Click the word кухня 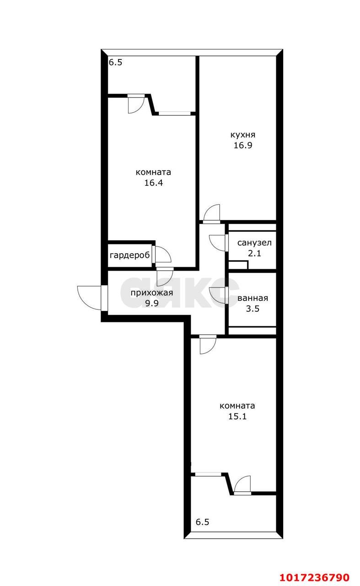pos(242,135)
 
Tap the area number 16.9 pos(242,145)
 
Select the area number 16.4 pos(153,183)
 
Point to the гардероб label pos(129,255)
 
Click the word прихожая pos(152,293)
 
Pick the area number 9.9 pos(152,303)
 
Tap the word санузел pos(254,243)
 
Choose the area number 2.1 pos(254,253)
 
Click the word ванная pos(253,298)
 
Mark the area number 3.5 pos(253,309)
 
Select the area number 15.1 pos(237,416)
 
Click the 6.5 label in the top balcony pos(116,63)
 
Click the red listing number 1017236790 pos(315,575)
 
